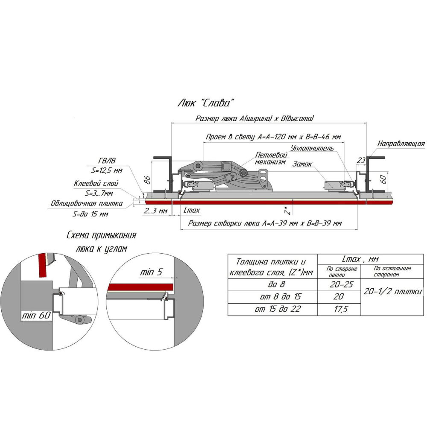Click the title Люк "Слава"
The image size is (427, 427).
pos(206,103)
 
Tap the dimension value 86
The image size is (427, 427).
pos(147,180)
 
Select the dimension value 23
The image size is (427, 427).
pos(361,161)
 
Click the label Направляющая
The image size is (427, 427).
pos(401,143)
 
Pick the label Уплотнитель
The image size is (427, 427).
pos(312,149)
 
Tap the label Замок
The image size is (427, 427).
pos(302,164)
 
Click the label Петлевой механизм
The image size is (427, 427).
pos(271,158)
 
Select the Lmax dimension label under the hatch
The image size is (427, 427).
pos(192,210)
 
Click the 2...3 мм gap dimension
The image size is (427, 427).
pos(155,211)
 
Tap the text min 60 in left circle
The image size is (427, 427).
pos(36,316)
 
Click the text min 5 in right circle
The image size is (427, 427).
pos(151,272)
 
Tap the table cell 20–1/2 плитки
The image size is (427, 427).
pos(392,292)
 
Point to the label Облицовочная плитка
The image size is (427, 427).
pos(87,203)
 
